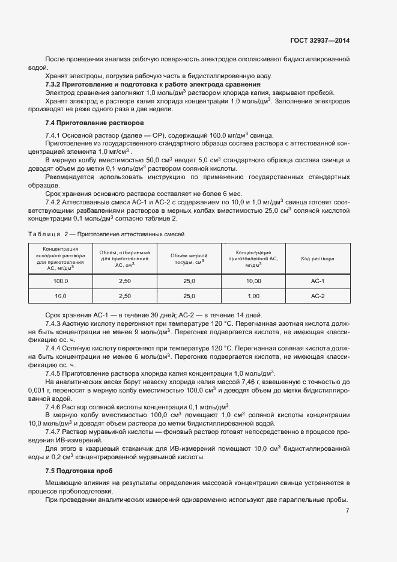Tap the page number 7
pos(348,511)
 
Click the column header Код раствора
pos(318,258)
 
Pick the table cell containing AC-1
pos(318,281)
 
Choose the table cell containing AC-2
pos(318,296)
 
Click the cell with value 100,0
pos(61,281)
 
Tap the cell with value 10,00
pos(253,281)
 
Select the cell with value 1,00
pos(253,296)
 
